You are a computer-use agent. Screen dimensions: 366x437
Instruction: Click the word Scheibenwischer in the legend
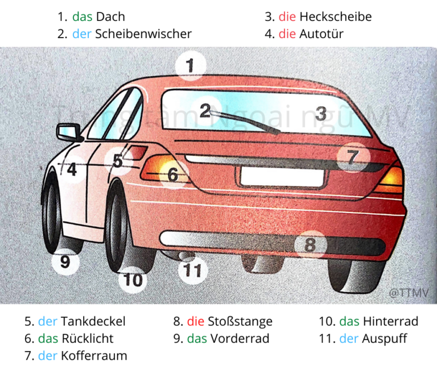pos(143,34)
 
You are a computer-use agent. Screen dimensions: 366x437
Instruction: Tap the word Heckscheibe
pos(335,16)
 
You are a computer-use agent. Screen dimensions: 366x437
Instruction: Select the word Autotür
pos(321,34)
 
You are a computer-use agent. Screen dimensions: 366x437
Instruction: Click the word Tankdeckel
pos(93,321)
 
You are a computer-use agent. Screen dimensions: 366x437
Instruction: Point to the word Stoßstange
pos(240,321)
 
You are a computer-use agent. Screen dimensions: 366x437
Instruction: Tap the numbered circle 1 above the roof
pos(191,66)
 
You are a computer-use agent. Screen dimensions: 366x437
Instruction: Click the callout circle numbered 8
pos(310,245)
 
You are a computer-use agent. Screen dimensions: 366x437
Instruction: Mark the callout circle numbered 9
pos(65,262)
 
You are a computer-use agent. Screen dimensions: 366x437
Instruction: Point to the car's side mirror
pos(69,133)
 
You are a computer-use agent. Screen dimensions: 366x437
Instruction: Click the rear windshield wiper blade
pos(250,123)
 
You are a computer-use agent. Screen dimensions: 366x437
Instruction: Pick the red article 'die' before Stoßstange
pos(195,321)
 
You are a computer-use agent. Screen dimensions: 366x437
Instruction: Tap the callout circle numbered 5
pos(118,161)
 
